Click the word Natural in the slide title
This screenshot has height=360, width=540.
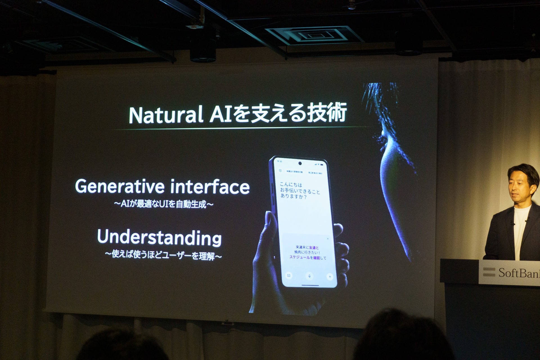(166, 115)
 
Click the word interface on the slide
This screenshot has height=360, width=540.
(210, 187)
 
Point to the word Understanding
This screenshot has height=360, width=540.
(159, 238)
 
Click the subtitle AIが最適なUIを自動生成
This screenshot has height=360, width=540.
(163, 204)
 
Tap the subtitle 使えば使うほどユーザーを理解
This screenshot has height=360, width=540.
(163, 255)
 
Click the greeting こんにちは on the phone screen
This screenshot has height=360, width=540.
(291, 185)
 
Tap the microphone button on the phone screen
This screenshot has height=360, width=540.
(309, 276)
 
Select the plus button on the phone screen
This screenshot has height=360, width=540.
(330, 277)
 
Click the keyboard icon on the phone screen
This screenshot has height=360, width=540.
(289, 275)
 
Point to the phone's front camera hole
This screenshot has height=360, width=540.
(300, 163)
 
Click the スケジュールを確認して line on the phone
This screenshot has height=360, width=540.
(308, 258)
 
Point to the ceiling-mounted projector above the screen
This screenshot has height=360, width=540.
(202, 52)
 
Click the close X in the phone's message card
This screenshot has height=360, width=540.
(328, 239)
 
